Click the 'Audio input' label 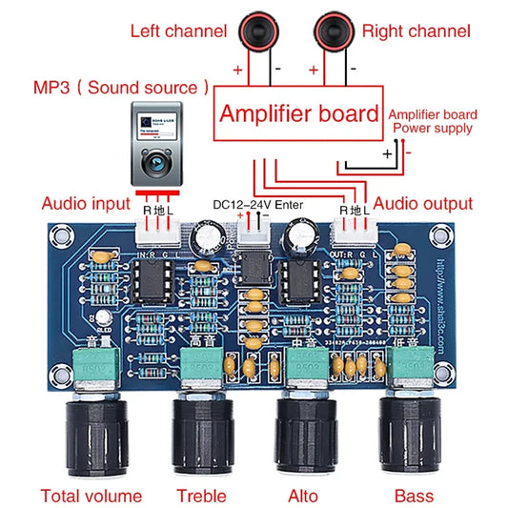coord(85,203)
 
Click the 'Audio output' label coord(422,203)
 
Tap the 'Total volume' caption coord(91,496)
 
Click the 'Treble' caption coord(201,496)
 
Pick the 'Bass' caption coord(413,496)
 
